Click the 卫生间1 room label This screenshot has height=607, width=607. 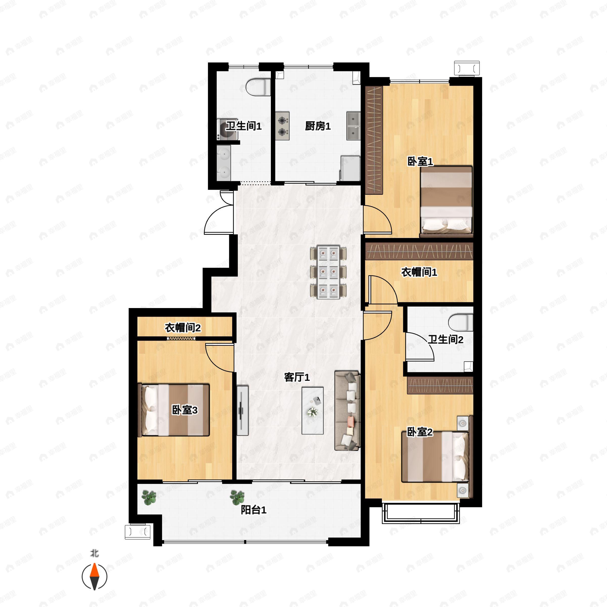click(x=244, y=126)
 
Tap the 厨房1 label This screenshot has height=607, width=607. click(x=318, y=126)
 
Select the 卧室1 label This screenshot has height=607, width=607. click(x=420, y=162)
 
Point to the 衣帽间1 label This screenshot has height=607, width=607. click(x=419, y=272)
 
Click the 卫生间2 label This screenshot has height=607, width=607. click(x=445, y=339)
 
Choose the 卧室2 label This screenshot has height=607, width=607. click(x=420, y=432)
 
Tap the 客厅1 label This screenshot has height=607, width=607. click(x=297, y=377)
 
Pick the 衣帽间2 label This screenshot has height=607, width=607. click(x=183, y=328)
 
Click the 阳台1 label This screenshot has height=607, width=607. click(x=253, y=510)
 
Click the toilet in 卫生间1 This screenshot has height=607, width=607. click(x=258, y=87)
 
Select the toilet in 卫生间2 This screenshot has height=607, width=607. click(x=461, y=323)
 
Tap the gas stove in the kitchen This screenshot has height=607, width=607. click(x=283, y=126)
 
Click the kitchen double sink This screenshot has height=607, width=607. click(x=354, y=126)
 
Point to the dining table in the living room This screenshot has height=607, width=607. click(x=328, y=272)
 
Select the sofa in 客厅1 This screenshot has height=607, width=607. click(x=347, y=411)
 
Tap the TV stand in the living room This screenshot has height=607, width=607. click(x=242, y=410)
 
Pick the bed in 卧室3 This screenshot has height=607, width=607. click(x=174, y=410)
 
